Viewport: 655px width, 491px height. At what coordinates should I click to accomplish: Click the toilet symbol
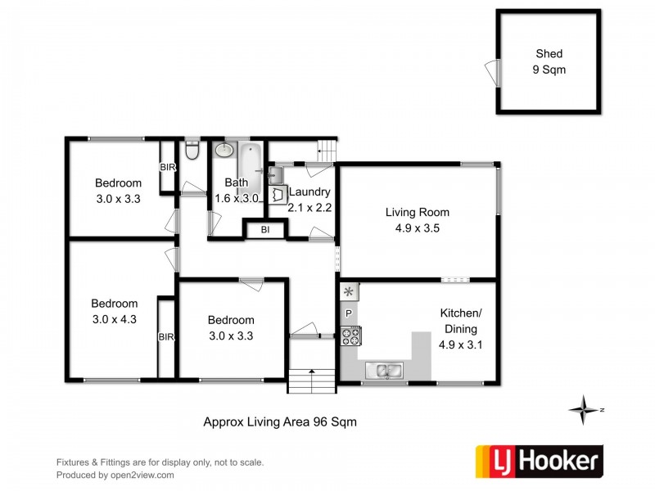(x=192, y=151)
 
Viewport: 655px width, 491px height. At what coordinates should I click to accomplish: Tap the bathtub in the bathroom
(x=249, y=167)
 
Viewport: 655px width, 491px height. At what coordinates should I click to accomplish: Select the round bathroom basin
(x=224, y=151)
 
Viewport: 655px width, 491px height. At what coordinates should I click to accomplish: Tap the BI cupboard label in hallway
(x=265, y=230)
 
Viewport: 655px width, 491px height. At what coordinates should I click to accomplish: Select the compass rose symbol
(x=585, y=408)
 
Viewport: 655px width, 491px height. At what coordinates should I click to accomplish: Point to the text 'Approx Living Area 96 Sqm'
(x=280, y=422)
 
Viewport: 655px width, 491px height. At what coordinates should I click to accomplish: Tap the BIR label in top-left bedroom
(x=168, y=167)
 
